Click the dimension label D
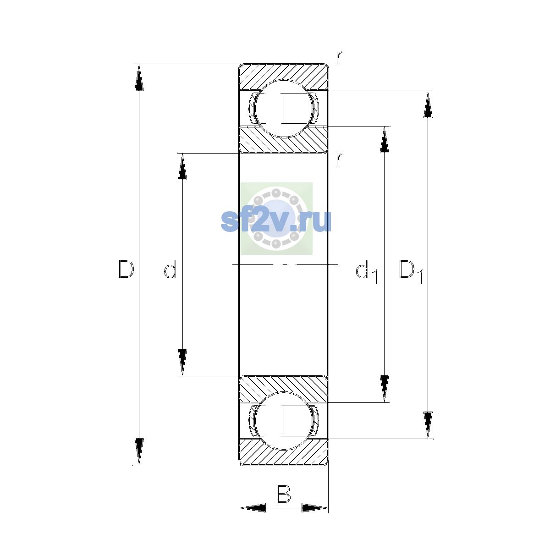point(126,269)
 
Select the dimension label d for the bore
point(170,269)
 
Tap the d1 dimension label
point(367,271)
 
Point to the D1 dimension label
point(411,271)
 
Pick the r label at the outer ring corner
point(339,57)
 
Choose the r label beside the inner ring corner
point(339,159)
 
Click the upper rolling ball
point(284,109)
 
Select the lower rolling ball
point(284,421)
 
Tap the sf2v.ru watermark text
point(276,220)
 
